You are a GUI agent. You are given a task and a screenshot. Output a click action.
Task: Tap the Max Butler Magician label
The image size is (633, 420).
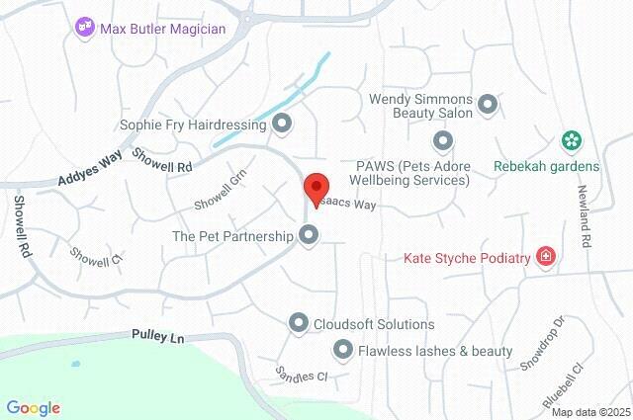tap(163, 28)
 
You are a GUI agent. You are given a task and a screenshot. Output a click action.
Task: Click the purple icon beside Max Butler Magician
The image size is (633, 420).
tap(86, 28)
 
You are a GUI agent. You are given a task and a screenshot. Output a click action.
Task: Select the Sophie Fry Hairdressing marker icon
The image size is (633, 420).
tap(283, 125)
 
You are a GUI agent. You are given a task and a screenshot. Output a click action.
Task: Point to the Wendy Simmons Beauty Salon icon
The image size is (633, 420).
tap(488, 103)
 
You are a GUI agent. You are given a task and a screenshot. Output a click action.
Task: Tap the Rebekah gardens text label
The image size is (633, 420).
tap(547, 166)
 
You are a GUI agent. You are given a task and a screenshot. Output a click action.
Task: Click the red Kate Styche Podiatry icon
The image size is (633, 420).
tap(544, 258)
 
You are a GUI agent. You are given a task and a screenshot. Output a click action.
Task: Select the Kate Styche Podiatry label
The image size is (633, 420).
tap(468, 259)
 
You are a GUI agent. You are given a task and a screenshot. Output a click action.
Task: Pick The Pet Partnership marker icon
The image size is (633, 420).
tap(310, 235)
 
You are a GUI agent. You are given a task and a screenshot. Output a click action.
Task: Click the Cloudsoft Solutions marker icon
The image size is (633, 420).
tap(299, 323)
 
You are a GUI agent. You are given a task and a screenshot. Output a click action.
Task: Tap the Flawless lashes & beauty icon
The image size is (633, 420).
tap(343, 349)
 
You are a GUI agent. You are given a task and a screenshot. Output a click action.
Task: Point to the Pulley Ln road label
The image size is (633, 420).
tap(158, 338)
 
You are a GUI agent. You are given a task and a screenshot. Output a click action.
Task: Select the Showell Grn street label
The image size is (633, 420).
tap(219, 191)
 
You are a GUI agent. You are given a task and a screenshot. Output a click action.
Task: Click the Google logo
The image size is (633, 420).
tap(33, 407)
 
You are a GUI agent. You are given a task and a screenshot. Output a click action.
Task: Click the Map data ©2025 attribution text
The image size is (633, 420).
tap(589, 412)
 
